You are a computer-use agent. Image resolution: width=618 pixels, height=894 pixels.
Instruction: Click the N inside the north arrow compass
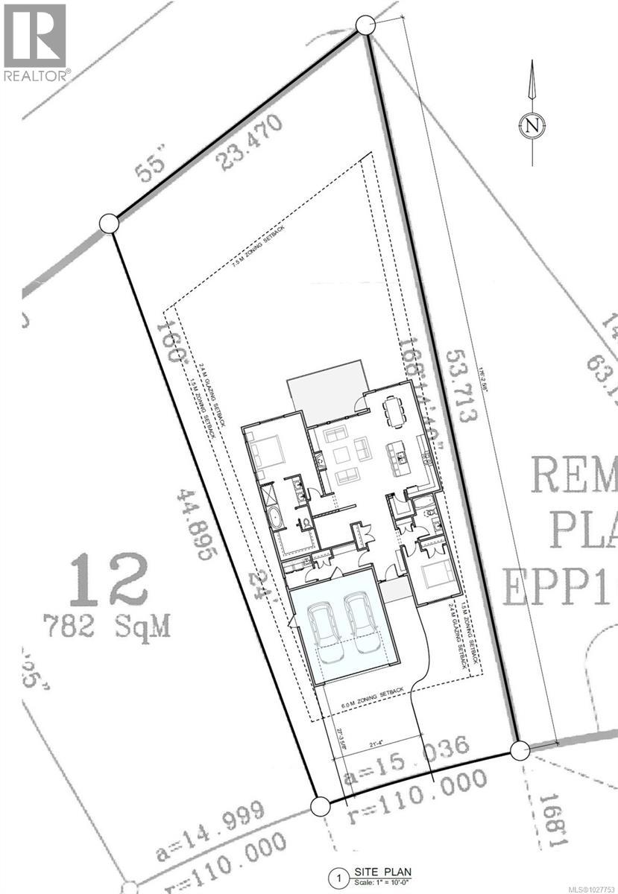point(532,125)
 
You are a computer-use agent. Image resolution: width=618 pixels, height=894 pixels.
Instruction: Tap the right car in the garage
point(361,624)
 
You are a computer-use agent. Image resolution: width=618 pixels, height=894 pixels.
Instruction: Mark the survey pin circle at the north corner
point(365,25)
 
